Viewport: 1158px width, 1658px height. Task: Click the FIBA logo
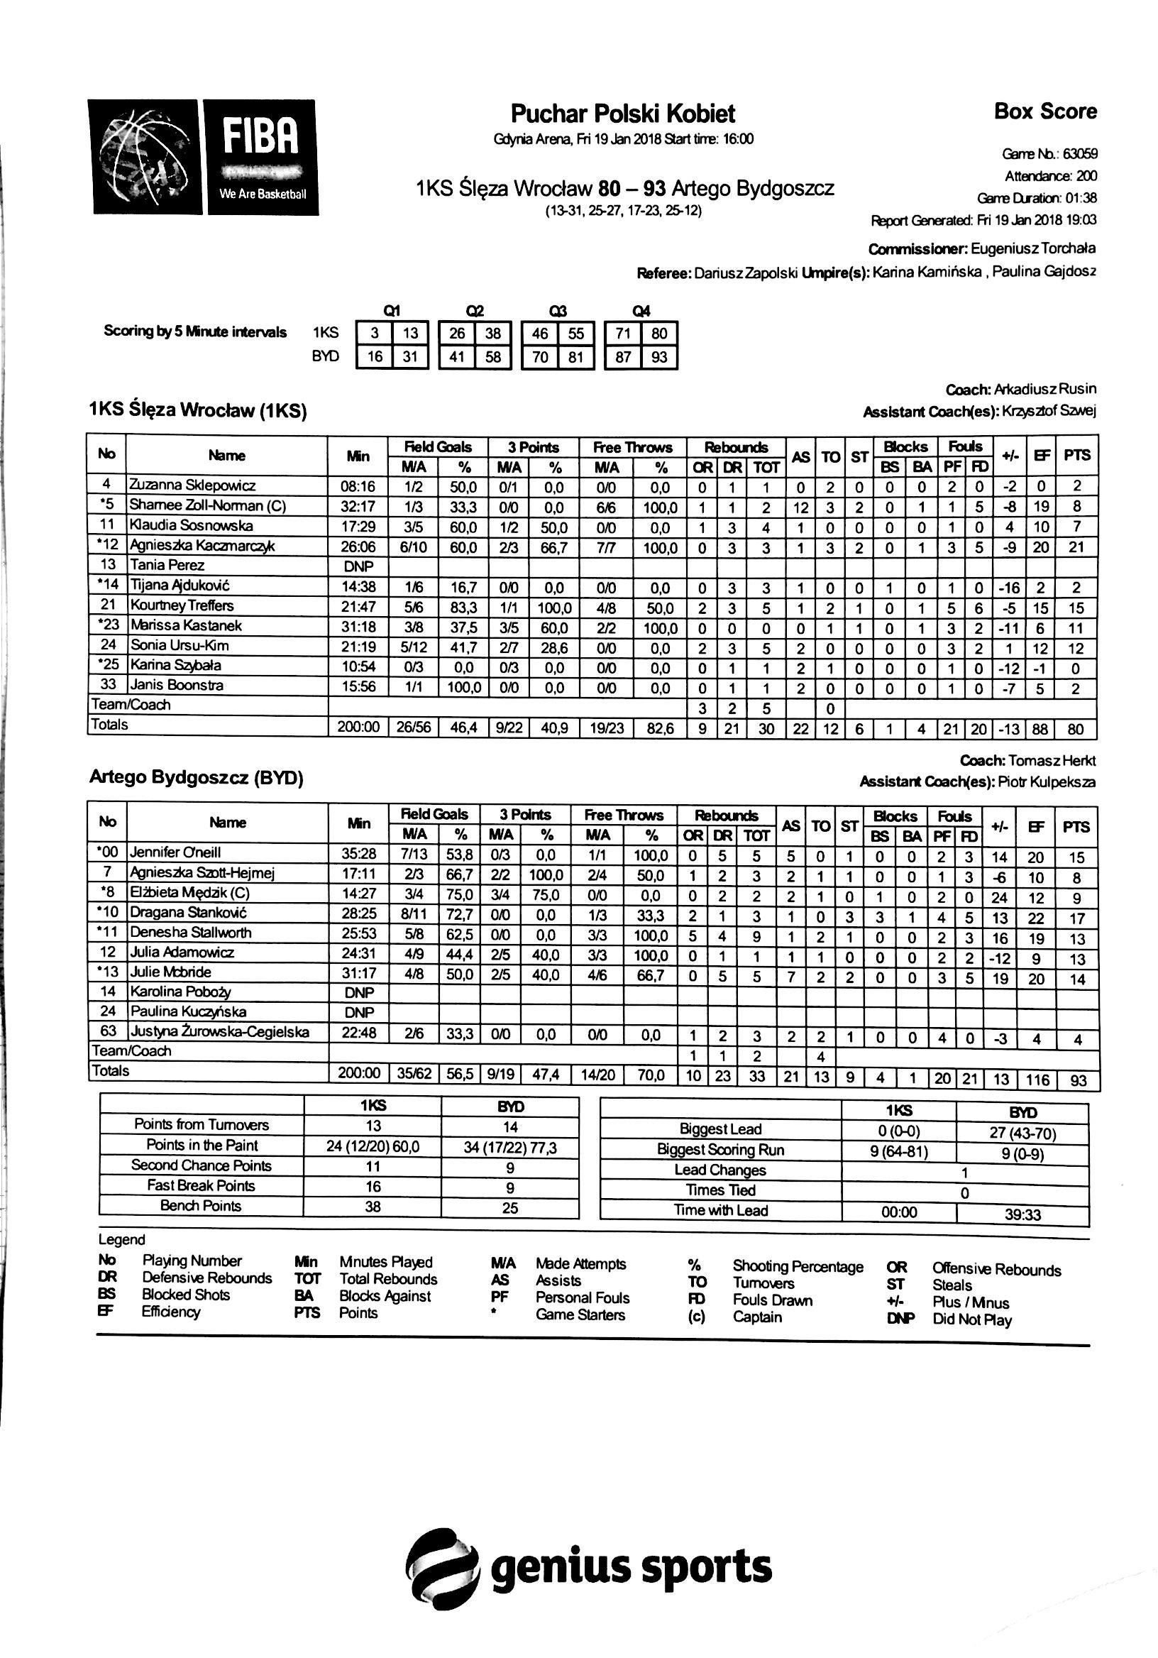203,157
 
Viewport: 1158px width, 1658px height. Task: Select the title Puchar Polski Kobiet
622,114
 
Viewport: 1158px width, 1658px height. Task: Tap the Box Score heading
1044,111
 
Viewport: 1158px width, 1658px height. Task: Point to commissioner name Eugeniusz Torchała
1032,249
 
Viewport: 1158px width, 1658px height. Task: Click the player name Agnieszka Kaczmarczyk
202,546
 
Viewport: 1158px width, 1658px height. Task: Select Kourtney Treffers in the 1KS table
182,606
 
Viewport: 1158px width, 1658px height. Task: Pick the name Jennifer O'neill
175,853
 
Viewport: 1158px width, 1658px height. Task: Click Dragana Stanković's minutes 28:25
359,913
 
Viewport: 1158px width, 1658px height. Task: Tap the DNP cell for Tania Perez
358,566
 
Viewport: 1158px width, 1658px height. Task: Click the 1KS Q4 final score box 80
659,334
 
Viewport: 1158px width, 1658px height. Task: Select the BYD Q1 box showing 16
375,357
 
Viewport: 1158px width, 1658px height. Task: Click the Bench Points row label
201,1206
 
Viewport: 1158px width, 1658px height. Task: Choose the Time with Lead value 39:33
1022,1214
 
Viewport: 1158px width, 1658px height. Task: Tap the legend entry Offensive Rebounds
996,1270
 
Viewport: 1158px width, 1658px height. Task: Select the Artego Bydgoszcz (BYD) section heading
197,778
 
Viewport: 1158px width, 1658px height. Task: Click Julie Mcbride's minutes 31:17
359,973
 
